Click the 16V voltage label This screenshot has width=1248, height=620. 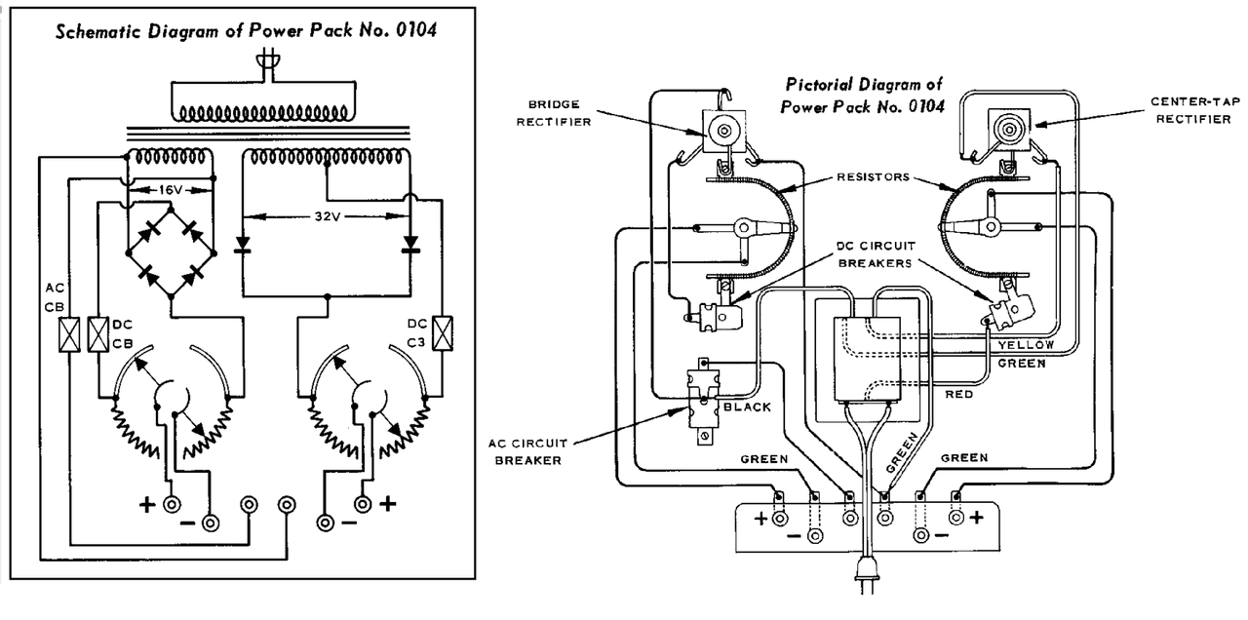pos(170,190)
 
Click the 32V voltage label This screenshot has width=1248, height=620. pos(327,216)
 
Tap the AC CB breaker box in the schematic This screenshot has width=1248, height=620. pos(69,334)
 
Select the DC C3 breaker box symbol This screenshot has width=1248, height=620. pos(443,333)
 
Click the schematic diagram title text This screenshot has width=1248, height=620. pos(246,30)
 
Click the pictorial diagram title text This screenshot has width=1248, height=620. pos(863,96)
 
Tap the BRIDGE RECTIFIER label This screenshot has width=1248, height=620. pos(553,113)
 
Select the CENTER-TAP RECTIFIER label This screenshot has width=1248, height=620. pos(1195,110)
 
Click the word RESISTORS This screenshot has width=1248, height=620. pos(873,177)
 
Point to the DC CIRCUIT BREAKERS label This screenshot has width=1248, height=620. pos(876,254)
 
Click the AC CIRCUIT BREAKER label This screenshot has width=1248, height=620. pos(527,451)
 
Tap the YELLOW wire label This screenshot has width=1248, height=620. pos(1026,345)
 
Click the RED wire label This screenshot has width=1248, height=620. pos(958,395)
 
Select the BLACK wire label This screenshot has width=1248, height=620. pos(747,407)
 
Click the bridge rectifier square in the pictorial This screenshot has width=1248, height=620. pos(723,131)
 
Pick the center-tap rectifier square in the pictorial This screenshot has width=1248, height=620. pos(1009,130)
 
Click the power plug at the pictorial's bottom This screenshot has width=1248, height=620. pos(866,574)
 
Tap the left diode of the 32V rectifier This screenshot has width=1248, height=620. pos(243,244)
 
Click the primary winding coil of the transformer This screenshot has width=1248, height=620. pos(263,113)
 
